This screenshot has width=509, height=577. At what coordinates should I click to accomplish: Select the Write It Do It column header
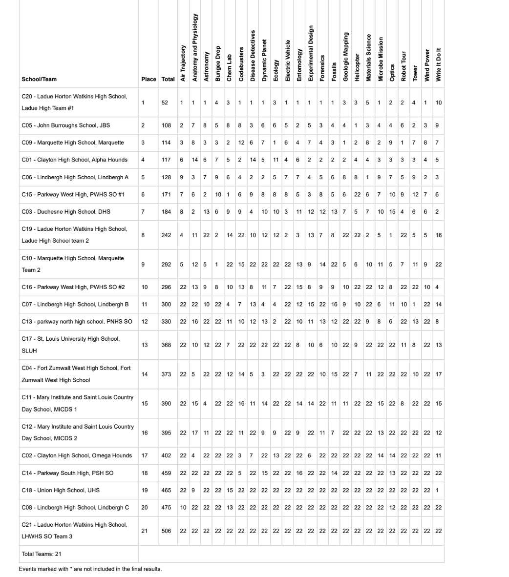point(439,63)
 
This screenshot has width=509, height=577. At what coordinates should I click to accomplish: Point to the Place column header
point(148,79)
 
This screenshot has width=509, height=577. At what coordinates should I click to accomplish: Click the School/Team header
point(39,79)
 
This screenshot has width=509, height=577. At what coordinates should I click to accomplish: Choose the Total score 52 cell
point(166,103)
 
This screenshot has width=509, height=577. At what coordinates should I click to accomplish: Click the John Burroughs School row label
point(66,125)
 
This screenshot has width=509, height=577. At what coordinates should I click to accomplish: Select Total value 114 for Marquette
point(166,143)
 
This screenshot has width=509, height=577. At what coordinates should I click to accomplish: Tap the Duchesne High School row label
point(66,211)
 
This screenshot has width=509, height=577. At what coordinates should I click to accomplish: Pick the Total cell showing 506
point(166,531)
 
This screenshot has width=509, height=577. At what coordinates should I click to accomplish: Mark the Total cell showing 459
point(166,473)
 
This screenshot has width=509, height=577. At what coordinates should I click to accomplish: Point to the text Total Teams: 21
point(42,554)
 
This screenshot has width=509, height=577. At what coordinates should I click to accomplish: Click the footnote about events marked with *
point(90,569)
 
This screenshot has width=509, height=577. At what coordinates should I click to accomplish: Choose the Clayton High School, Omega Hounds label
point(77,455)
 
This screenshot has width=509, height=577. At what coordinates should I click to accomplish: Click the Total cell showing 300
point(166,304)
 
